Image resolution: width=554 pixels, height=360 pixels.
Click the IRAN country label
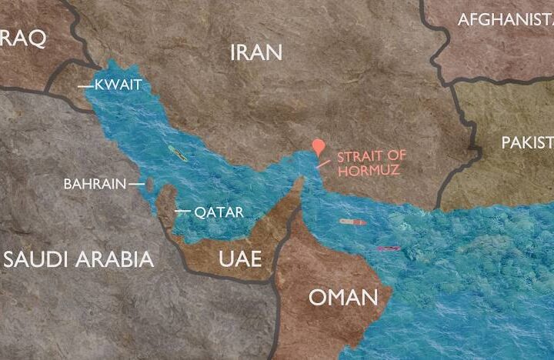[x=256, y=52]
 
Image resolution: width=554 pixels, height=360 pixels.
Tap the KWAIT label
[x=118, y=85]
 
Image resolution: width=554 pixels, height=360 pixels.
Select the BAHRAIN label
[x=94, y=184]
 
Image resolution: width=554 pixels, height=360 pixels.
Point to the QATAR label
[x=219, y=212]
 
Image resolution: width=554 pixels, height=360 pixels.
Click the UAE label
[x=240, y=258]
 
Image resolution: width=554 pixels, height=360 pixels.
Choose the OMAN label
[x=343, y=297]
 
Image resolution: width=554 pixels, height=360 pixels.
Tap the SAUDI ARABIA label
[x=78, y=258]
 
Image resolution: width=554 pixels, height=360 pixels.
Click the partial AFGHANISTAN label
[x=505, y=20]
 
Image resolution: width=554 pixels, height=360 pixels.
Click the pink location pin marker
[x=319, y=147]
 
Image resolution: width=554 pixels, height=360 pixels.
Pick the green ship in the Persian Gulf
[x=178, y=154]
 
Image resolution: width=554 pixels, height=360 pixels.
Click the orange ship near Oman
[x=353, y=222]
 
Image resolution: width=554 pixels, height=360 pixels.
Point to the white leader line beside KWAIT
[x=85, y=86]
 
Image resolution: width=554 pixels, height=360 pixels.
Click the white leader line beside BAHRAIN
[x=136, y=184]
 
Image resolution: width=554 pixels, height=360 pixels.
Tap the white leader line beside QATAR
[x=182, y=212]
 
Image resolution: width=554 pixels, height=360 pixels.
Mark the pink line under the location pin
[x=323, y=164]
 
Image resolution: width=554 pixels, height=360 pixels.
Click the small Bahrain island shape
[x=150, y=185]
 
